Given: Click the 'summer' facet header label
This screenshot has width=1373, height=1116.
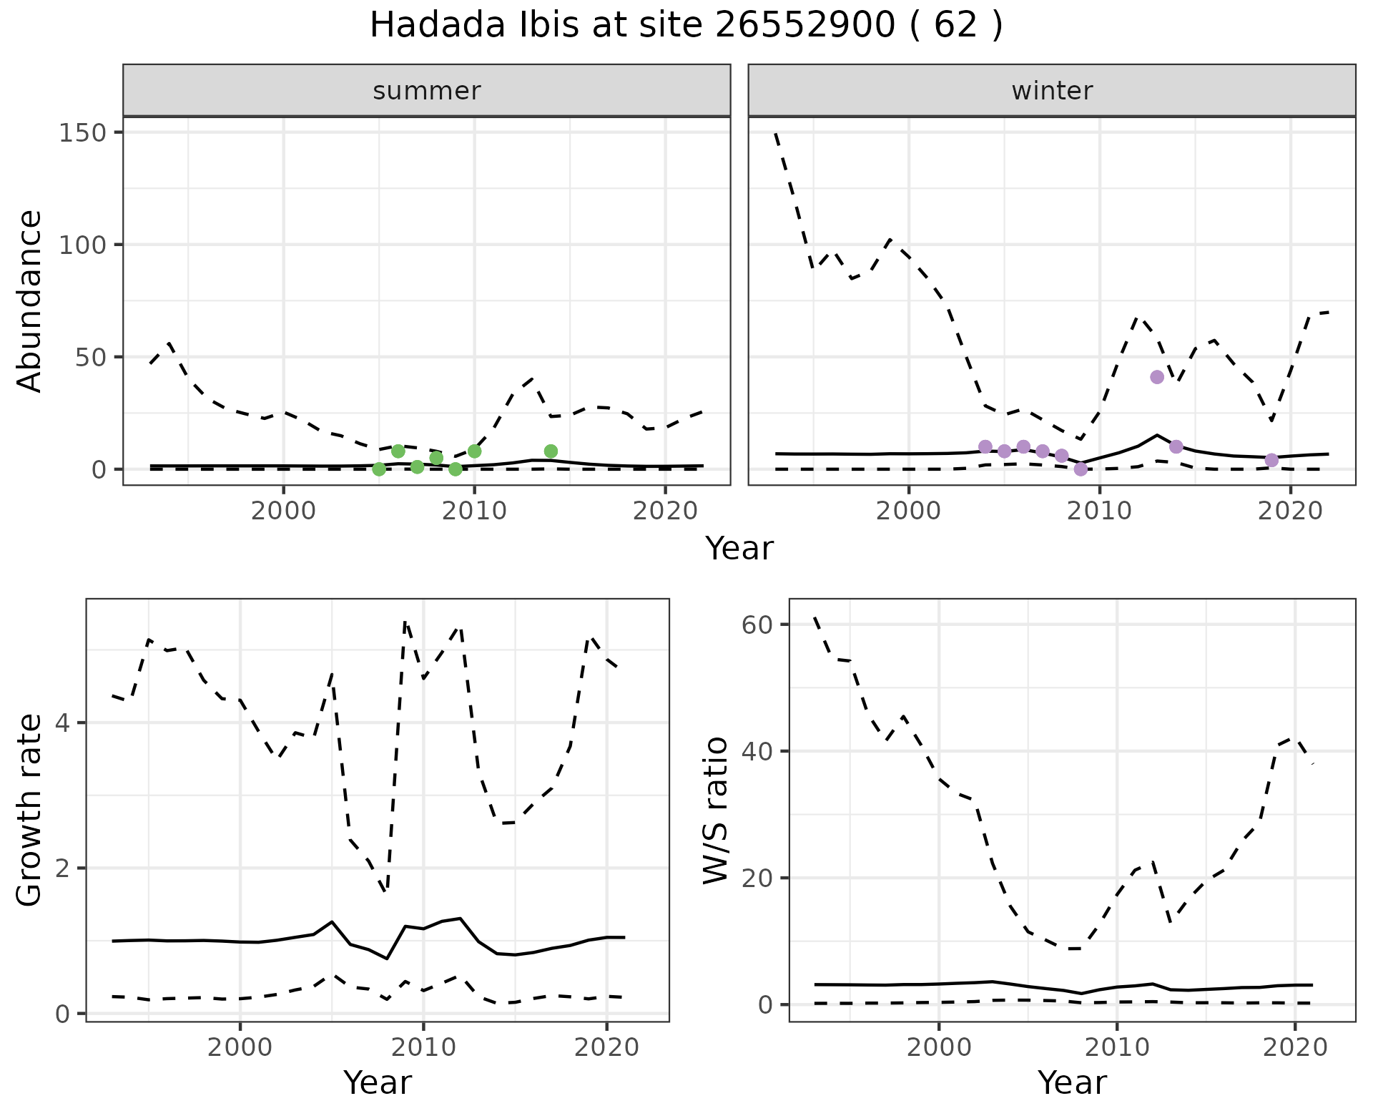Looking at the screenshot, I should (x=426, y=91).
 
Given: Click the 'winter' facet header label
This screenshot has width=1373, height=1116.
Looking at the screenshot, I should (x=1052, y=91).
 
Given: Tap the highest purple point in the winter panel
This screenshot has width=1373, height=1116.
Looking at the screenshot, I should (x=1157, y=377).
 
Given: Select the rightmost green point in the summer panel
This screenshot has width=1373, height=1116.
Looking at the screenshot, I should (x=551, y=451).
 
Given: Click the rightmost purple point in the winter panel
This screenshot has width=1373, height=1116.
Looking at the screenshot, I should (x=1271, y=460).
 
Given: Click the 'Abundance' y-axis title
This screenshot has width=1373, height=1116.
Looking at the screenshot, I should (x=30, y=301).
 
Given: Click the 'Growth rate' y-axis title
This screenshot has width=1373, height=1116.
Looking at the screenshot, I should (x=30, y=811).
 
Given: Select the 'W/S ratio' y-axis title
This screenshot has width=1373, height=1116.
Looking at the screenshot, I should (x=715, y=811).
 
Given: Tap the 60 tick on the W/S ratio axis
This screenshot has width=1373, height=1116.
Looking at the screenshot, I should (x=759, y=625).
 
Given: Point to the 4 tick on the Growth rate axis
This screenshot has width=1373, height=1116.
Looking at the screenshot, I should (x=63, y=723).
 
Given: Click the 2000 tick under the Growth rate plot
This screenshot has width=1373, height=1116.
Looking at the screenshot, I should (x=240, y=1047).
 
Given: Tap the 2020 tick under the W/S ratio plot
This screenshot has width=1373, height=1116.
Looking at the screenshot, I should (x=1295, y=1047).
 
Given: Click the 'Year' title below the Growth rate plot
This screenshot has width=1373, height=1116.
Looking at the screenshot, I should (x=378, y=1083).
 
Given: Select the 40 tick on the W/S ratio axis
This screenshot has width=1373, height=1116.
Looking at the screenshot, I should (x=759, y=751).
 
